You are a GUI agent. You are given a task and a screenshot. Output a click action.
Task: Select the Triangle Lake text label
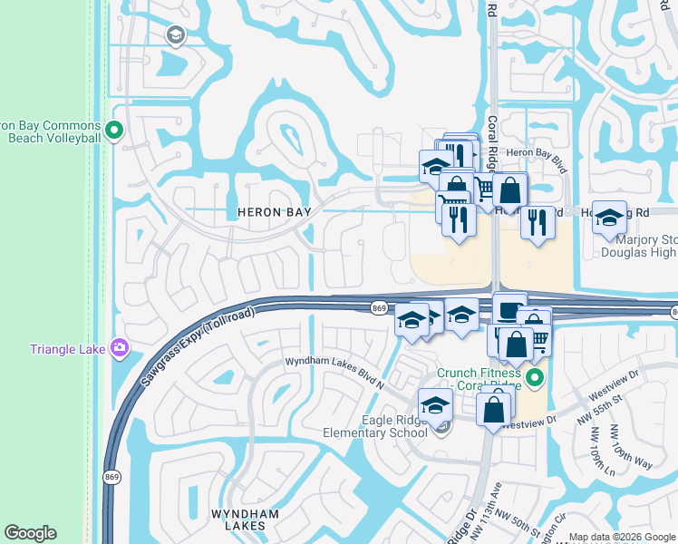(x=68, y=349)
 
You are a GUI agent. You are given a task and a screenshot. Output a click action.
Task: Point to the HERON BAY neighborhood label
(x=274, y=211)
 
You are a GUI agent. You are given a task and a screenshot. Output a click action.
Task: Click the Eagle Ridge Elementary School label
(x=374, y=426)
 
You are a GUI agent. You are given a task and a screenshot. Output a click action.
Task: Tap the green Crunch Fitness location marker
(x=536, y=378)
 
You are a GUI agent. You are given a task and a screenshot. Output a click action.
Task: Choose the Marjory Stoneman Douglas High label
(x=638, y=247)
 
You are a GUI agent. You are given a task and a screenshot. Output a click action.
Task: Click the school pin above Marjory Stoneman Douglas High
(x=609, y=219)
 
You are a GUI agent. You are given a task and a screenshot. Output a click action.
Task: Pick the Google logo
(x=30, y=533)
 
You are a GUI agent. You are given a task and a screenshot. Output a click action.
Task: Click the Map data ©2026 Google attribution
(x=622, y=537)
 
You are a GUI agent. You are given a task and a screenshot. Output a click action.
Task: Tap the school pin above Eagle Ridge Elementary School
(x=435, y=404)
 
